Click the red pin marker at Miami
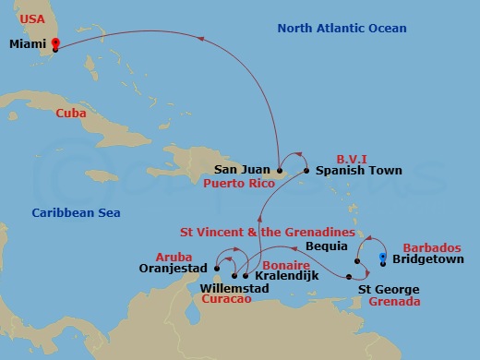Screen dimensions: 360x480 pyautogui.click(x=55, y=43)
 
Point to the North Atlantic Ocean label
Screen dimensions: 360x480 pyautogui.click(x=342, y=29)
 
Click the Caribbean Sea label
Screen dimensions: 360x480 pyautogui.click(x=76, y=213)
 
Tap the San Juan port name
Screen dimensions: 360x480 pyautogui.click(x=243, y=170)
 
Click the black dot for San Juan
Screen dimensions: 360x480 pyautogui.click(x=278, y=170)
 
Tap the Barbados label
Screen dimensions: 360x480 pyautogui.click(x=431, y=248)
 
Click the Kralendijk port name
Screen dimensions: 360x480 pyautogui.click(x=285, y=276)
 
